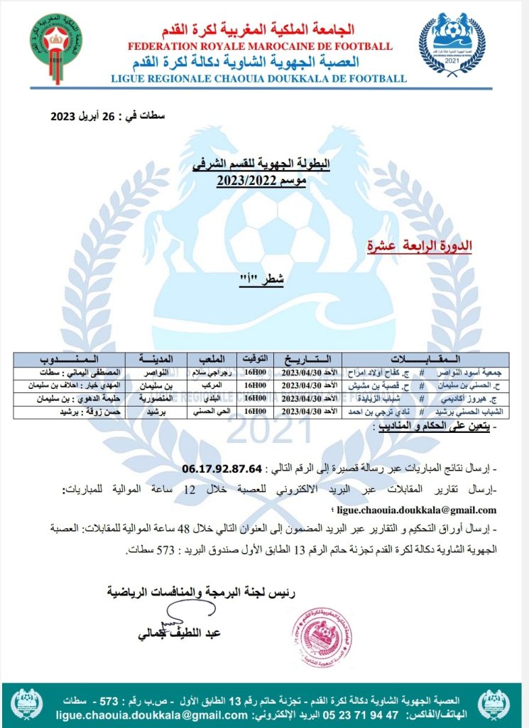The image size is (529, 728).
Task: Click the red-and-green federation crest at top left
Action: tap(54, 48)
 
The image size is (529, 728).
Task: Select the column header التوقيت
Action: tap(257, 359)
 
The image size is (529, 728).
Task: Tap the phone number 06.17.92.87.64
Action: tap(222, 469)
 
